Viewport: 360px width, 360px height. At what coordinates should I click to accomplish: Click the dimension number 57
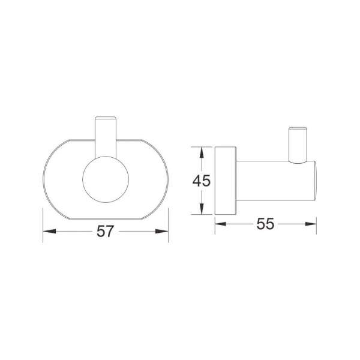click(106, 231)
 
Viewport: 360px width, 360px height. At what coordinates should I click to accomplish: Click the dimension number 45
click(202, 181)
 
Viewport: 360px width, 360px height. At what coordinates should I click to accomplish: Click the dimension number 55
click(265, 224)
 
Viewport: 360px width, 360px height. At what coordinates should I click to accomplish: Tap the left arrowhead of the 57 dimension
click(49, 231)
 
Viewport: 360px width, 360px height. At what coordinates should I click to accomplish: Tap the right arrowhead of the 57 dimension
click(162, 231)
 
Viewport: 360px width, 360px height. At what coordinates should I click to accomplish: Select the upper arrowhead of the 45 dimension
click(202, 152)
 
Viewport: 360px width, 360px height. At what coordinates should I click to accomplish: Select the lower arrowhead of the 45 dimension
click(202, 209)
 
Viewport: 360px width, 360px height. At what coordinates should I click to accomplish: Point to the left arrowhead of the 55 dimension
click(221, 224)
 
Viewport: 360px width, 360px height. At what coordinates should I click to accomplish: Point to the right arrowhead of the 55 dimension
click(311, 224)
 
